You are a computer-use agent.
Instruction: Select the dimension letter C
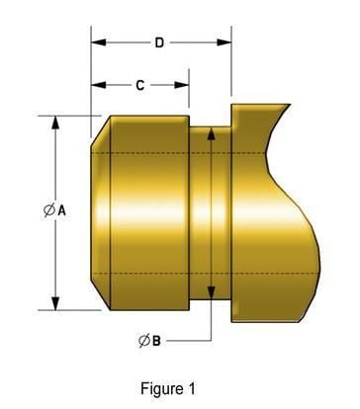click(x=139, y=86)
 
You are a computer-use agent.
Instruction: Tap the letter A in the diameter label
click(x=61, y=211)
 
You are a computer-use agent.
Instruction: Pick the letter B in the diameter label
click(x=156, y=341)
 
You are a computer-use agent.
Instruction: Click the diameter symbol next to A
click(x=48, y=211)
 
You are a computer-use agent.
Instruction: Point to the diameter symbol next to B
click(x=143, y=341)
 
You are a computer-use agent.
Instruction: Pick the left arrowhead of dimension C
click(x=97, y=86)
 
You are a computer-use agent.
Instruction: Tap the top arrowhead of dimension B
click(x=210, y=132)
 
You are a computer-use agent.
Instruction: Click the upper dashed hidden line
click(x=158, y=154)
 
